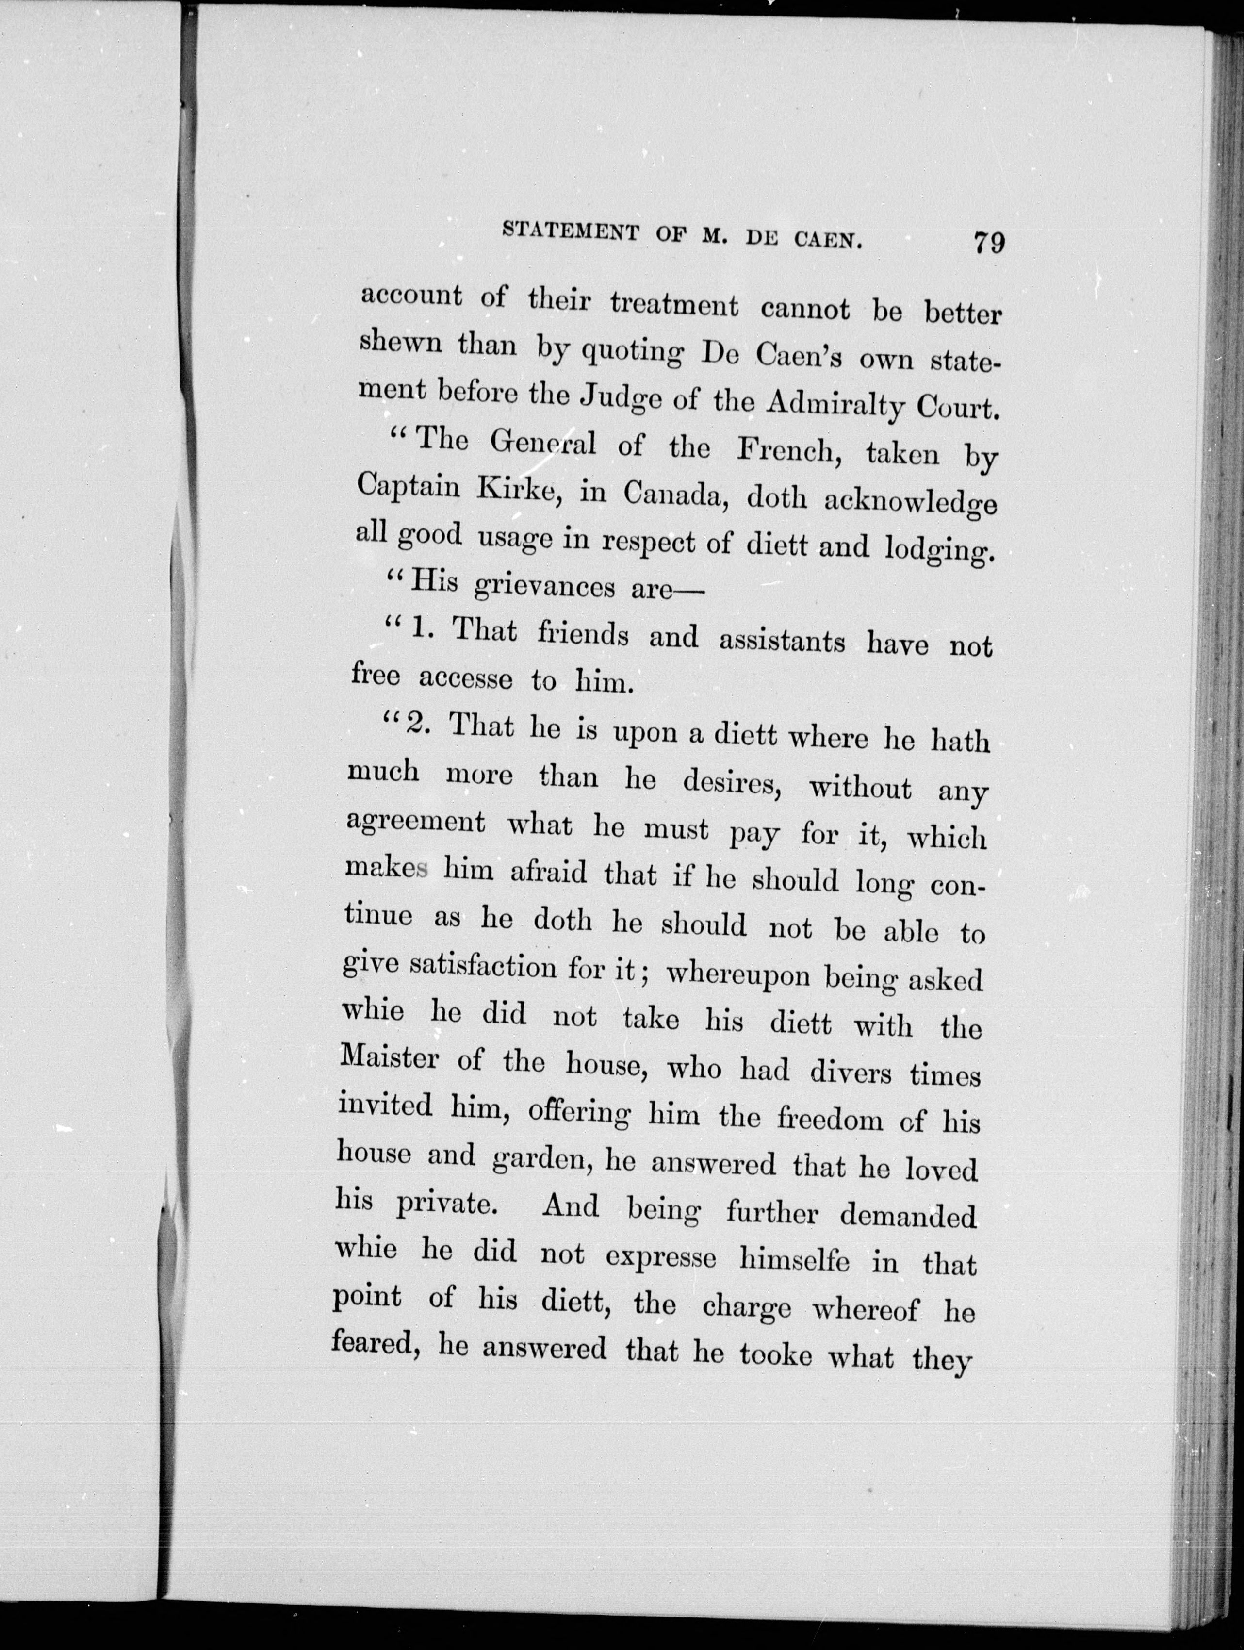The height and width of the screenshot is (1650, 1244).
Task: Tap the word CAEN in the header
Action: click(827, 239)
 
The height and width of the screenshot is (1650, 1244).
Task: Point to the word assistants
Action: click(782, 641)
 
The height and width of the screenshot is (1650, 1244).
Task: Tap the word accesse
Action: click(465, 678)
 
